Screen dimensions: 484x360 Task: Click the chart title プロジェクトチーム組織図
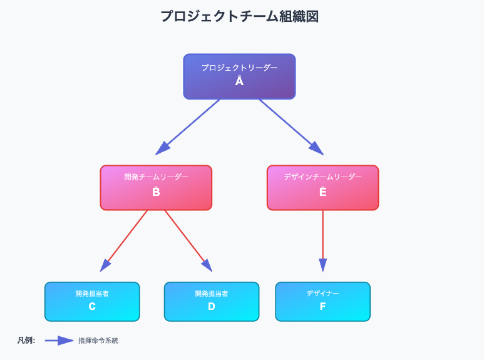[x=240, y=16]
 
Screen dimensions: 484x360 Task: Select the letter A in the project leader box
[x=239, y=81]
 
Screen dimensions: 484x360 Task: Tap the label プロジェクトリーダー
[x=240, y=68]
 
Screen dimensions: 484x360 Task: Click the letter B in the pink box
[x=156, y=192]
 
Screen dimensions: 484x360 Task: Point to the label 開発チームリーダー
[x=156, y=177]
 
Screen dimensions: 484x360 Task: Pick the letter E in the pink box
[x=323, y=192]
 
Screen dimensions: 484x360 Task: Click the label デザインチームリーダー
[x=323, y=177]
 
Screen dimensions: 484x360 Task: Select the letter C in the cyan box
[x=92, y=306]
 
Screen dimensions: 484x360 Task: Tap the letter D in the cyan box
[x=212, y=306]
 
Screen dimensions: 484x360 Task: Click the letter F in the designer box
[x=323, y=306]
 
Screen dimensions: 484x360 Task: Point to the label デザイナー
[x=323, y=293]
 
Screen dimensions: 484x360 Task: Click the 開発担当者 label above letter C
[x=92, y=293]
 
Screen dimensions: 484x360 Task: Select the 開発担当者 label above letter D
[x=212, y=293]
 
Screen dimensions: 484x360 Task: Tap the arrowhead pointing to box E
[x=317, y=149]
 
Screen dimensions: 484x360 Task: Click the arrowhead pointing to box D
[x=207, y=266]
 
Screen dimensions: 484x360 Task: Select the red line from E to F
[x=323, y=235]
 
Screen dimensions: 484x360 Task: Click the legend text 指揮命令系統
[x=98, y=341]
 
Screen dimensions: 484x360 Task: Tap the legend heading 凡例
[x=26, y=341]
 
